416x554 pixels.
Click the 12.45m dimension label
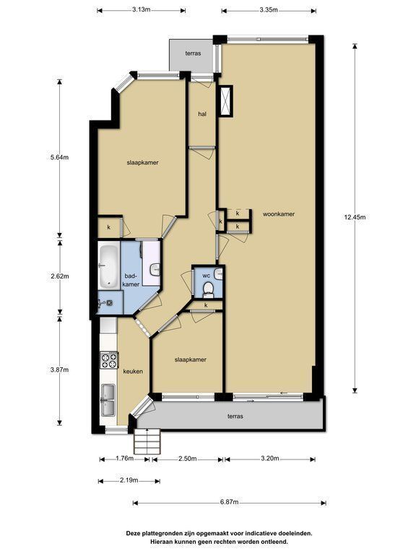click(355, 217)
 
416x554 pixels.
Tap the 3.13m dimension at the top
click(141, 10)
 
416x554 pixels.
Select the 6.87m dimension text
click(229, 502)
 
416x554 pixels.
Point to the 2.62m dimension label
click(59, 276)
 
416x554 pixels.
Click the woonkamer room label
click(279, 214)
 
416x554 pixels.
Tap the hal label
click(202, 114)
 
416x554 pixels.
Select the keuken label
click(133, 371)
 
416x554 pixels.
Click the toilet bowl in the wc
click(208, 289)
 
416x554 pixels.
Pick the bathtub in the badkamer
click(108, 266)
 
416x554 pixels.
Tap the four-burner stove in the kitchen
click(109, 361)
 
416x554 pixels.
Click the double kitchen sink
click(108, 400)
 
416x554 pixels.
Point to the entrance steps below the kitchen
click(147, 441)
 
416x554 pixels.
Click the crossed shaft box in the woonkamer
click(225, 101)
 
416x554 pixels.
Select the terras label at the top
click(193, 53)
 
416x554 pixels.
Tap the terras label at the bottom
click(235, 416)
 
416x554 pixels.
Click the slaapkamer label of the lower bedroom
click(191, 360)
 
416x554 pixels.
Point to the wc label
click(207, 276)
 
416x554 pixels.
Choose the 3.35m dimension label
click(269, 10)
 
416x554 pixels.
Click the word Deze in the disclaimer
click(133, 534)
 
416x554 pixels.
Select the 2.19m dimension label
click(129, 480)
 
